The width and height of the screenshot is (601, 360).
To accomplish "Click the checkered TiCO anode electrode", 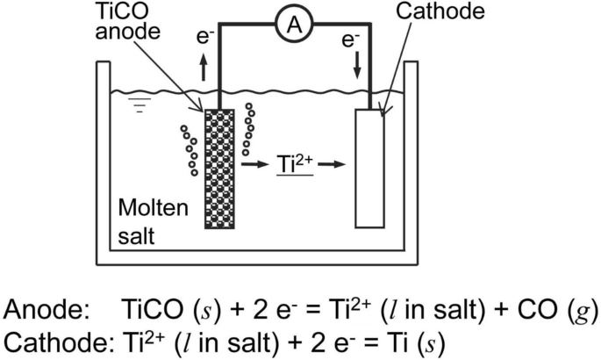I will (218, 168).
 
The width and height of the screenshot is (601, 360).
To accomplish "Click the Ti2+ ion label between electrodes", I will (295, 162).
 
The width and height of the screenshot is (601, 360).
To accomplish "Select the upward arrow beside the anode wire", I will (204, 68).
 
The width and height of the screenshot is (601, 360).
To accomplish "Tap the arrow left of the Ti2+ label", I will (254, 164).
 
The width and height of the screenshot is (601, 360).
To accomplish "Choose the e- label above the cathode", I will (351, 39).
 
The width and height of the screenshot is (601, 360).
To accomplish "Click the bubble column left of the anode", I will (189, 150).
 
